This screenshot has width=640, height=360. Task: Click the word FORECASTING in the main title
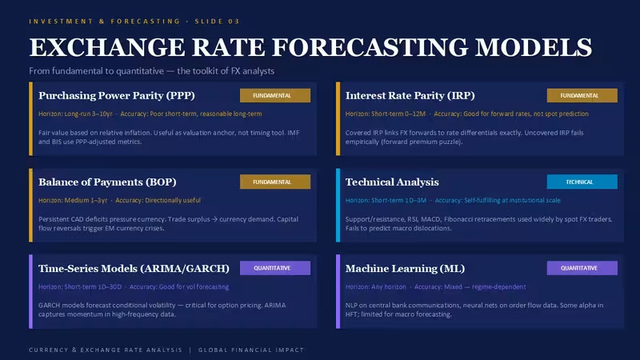370,47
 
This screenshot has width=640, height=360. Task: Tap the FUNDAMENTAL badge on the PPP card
275,95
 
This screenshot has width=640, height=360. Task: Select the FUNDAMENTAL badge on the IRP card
582,95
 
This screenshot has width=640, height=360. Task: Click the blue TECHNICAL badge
582,182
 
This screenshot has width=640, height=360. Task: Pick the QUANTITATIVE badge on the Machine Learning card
582,268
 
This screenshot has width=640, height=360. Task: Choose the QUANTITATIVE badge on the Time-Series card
275,268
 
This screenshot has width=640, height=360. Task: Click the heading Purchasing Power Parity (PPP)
117,95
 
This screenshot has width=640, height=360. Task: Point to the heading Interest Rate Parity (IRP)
410,95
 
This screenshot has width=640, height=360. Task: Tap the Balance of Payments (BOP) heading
107,182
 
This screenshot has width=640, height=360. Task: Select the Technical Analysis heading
392,182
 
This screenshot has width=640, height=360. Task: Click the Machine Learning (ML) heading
406,269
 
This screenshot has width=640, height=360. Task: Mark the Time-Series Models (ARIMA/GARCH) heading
134,269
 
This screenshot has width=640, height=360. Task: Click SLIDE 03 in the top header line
217,22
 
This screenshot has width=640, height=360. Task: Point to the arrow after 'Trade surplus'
214,219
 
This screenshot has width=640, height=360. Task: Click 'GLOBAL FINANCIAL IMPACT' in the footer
251,350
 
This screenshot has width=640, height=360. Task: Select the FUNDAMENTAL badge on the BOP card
275,182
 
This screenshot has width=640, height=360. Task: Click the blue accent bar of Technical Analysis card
338,206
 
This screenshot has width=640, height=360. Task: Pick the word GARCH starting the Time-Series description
49,306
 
